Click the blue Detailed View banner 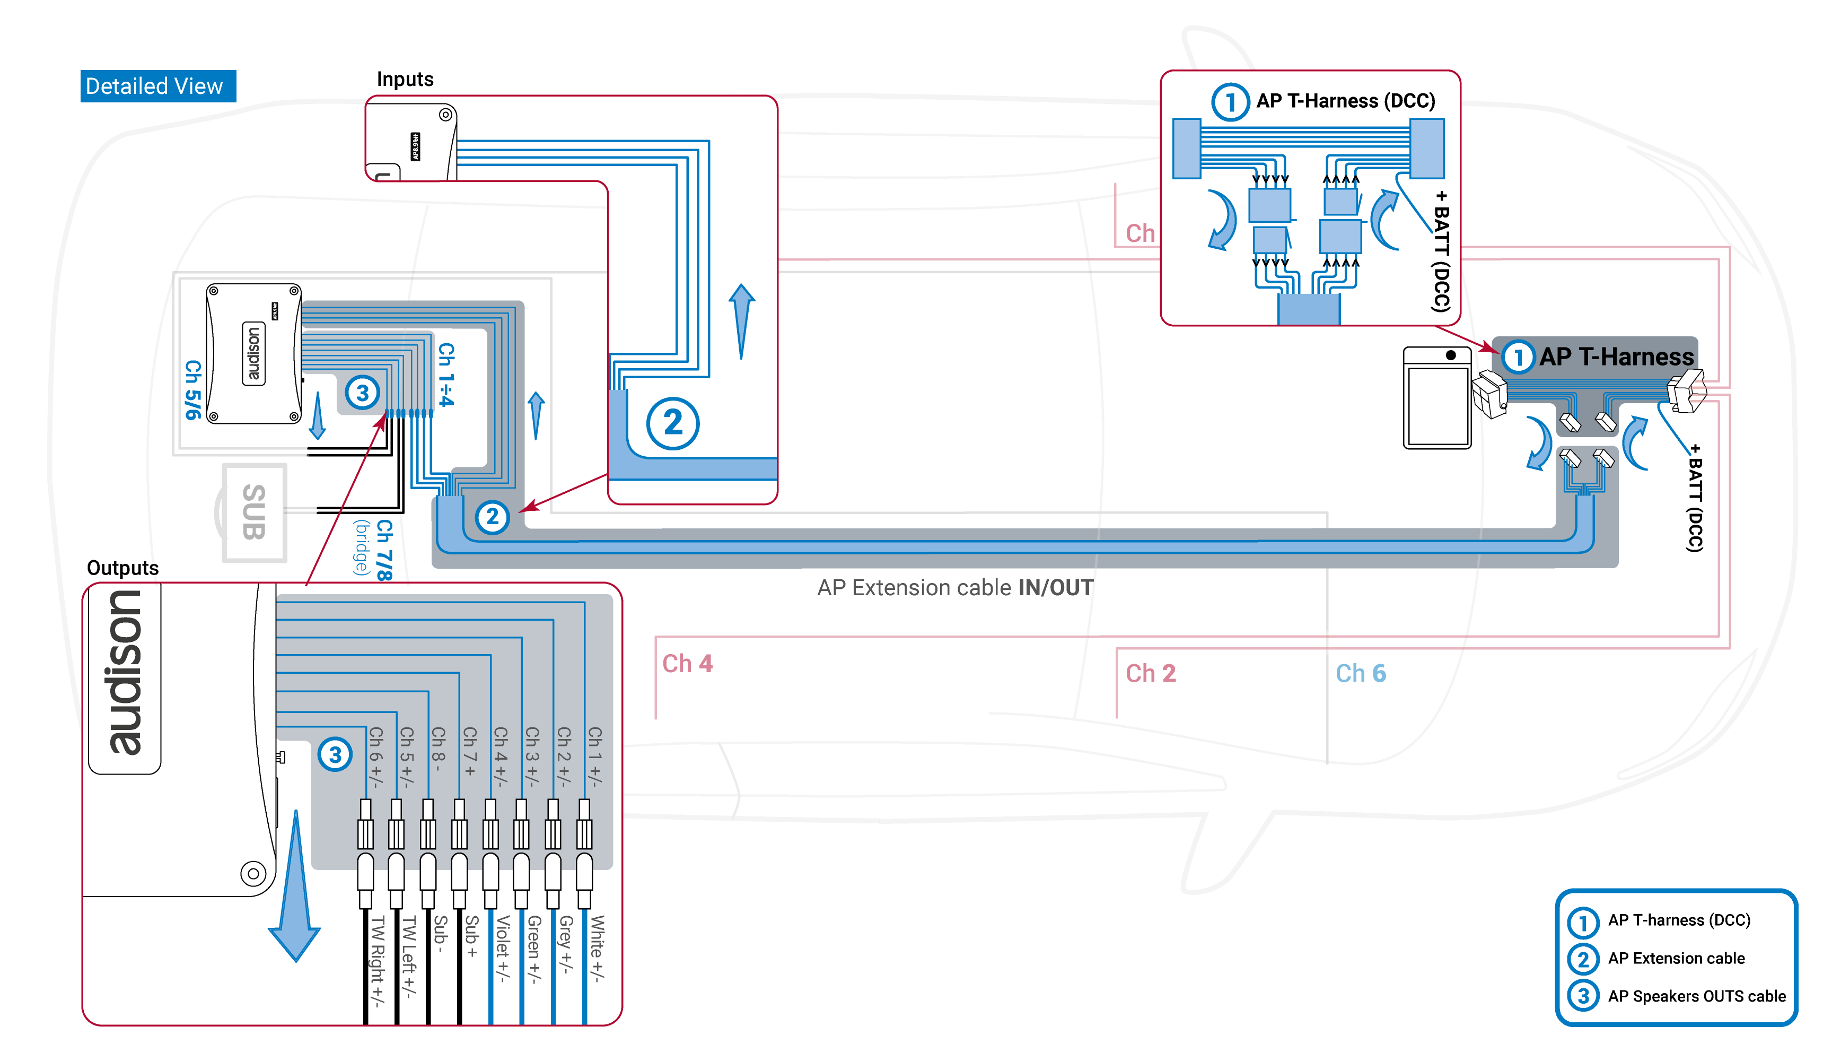[x=158, y=86]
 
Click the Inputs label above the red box [x=405, y=79]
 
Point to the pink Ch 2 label [x=1150, y=673]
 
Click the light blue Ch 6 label [x=1360, y=673]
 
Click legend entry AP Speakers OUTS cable [x=1696, y=996]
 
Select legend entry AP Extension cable [x=1676, y=958]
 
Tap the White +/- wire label [x=596, y=949]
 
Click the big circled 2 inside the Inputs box [x=672, y=423]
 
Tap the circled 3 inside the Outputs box [x=335, y=754]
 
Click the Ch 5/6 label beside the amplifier [x=192, y=390]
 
